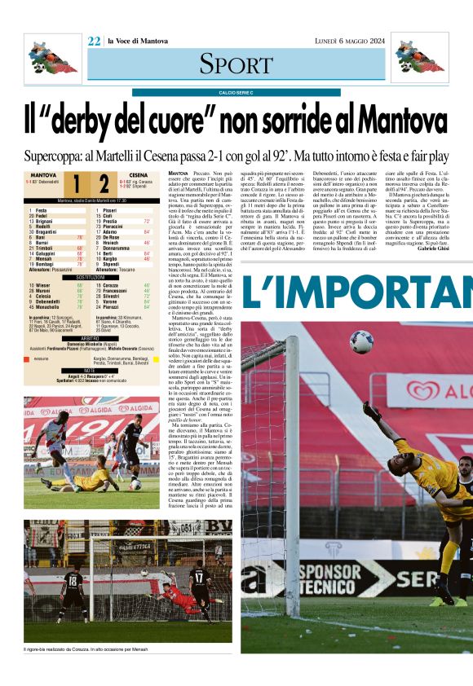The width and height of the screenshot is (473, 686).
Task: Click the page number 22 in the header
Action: (x=94, y=42)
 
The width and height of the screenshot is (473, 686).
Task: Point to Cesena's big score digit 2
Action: (x=103, y=182)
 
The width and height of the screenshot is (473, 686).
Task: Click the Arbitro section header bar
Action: (x=91, y=337)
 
